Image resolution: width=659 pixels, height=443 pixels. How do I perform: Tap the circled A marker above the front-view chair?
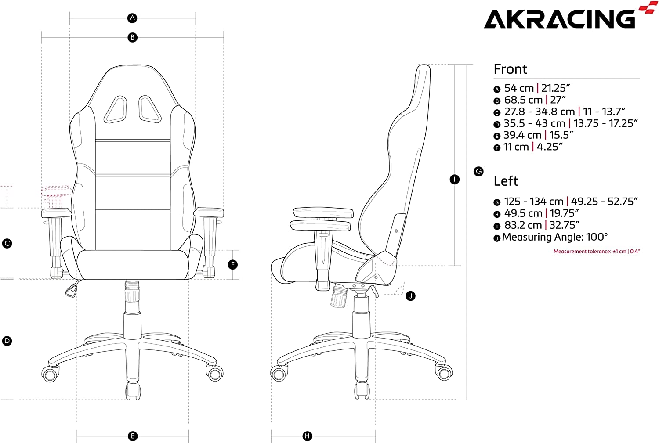pyautogui.click(x=132, y=18)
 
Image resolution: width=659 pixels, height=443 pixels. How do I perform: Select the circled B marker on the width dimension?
pyautogui.click(x=132, y=37)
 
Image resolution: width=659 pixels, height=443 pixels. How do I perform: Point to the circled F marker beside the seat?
pyautogui.click(x=233, y=265)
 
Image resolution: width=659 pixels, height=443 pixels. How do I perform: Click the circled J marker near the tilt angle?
pyautogui.click(x=410, y=296)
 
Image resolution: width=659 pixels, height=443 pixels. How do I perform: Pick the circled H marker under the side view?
pyautogui.click(x=308, y=436)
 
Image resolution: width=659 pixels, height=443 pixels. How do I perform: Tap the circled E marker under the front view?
pyautogui.click(x=133, y=436)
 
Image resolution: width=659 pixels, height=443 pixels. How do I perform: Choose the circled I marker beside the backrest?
pyautogui.click(x=455, y=179)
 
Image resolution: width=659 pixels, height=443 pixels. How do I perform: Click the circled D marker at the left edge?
pyautogui.click(x=7, y=341)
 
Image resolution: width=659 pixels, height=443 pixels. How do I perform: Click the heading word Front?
pyautogui.click(x=510, y=69)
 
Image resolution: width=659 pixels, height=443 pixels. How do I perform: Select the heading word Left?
pyautogui.click(x=506, y=181)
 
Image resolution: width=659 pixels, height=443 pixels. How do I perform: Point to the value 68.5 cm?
pyautogui.click(x=523, y=100)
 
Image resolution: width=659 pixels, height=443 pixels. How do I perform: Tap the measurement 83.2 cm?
pyautogui.click(x=523, y=225)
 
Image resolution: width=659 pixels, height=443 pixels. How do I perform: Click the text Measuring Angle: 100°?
pyautogui.click(x=555, y=237)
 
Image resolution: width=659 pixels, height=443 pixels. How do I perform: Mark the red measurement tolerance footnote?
pyautogui.click(x=597, y=251)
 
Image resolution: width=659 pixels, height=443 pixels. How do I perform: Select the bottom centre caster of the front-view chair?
pyautogui.click(x=133, y=391)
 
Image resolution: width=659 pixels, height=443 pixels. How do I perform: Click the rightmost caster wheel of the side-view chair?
pyautogui.click(x=444, y=373)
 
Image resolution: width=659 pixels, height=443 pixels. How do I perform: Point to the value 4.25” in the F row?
pyautogui.click(x=550, y=147)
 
